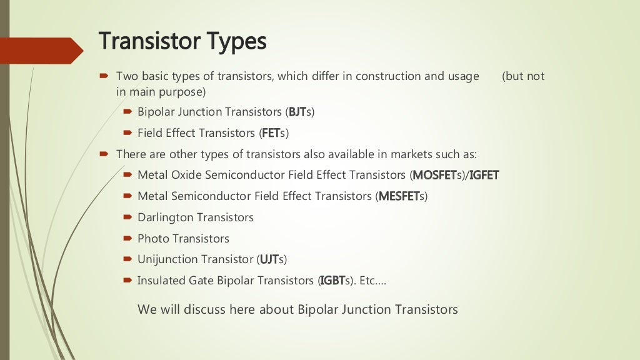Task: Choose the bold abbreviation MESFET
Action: click(399, 196)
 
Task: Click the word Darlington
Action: click(166, 217)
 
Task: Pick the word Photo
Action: click(154, 239)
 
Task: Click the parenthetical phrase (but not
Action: click(523, 76)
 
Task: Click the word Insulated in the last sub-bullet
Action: click(161, 281)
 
